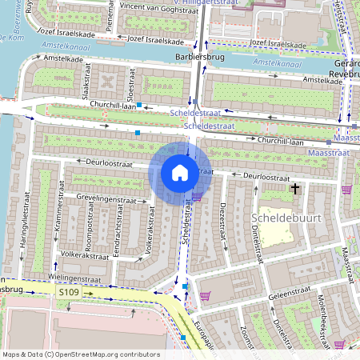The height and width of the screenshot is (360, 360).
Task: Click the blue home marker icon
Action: pos(180,172)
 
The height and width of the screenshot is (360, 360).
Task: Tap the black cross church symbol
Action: pos(296,189)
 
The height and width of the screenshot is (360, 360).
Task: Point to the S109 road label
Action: pos(70,294)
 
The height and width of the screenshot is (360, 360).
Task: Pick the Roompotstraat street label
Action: pos(90,238)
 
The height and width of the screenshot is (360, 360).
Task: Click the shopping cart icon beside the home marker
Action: pos(197,195)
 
